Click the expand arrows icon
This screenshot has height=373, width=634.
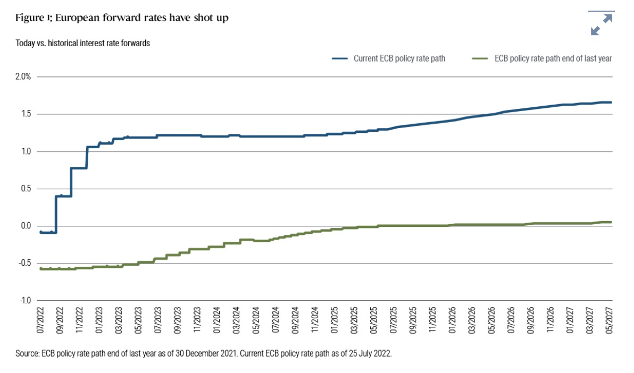(x=602, y=24)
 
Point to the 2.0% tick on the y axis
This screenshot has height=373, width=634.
(x=24, y=77)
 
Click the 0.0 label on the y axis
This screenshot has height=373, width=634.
(x=26, y=226)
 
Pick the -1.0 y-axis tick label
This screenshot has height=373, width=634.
(x=25, y=300)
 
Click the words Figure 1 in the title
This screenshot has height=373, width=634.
(x=35, y=19)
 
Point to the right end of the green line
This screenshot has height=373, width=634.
(x=611, y=222)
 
